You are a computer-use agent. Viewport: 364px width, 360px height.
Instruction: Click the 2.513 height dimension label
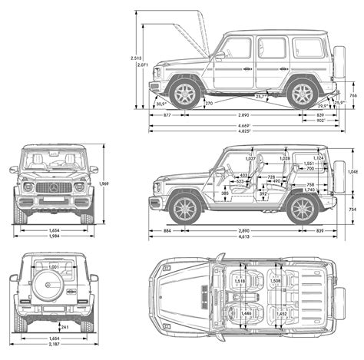(136, 58)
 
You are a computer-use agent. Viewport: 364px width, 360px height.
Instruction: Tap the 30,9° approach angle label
(160, 103)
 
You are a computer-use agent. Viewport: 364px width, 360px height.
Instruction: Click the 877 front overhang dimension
(167, 114)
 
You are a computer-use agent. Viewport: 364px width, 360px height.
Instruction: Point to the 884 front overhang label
(167, 230)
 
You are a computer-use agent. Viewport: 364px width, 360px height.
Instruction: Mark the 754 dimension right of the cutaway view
(352, 209)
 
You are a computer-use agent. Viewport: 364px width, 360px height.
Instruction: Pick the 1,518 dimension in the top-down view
(240, 282)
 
